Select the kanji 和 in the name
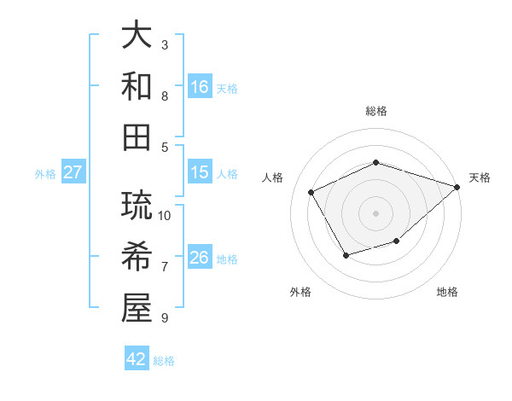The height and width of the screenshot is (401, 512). tap(137, 86)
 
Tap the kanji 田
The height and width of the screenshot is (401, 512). tap(137, 137)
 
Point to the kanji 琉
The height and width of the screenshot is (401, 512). tap(137, 207)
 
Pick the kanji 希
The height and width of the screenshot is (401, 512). tap(137, 258)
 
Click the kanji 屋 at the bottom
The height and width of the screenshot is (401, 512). tap(137, 308)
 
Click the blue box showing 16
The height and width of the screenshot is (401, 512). tap(200, 87)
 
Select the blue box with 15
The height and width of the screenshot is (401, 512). tap(200, 172)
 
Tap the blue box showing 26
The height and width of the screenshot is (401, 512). tap(200, 258)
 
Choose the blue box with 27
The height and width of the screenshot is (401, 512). tap(73, 172)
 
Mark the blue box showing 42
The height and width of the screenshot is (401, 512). tap(137, 359)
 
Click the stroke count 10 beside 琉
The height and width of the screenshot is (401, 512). tap(166, 215)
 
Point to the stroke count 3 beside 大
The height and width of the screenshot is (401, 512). tap(165, 44)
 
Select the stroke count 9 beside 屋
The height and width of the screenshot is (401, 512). tap(165, 318)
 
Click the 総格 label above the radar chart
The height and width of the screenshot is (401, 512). tap(375, 111)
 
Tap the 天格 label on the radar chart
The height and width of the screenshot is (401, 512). tap(480, 177)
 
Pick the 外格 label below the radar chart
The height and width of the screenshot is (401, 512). tap(300, 293)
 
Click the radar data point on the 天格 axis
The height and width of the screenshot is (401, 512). tap(458, 187)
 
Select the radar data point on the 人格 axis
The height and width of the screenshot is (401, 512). tap(311, 192)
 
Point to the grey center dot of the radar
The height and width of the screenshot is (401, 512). tap(375, 212)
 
